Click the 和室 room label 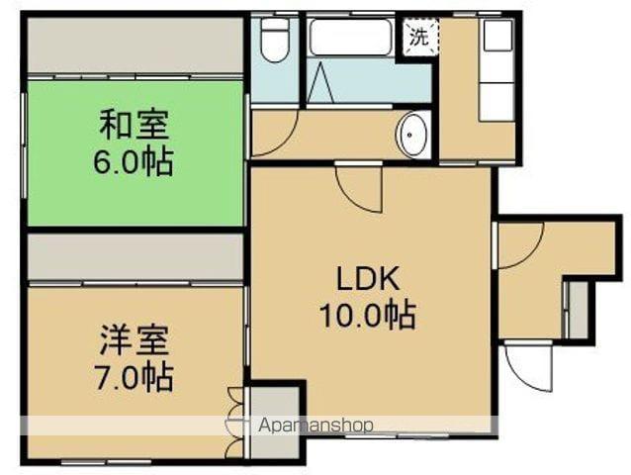pyautogui.click(x=134, y=127)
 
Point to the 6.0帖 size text pyautogui.click(x=134, y=161)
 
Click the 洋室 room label pyautogui.click(x=134, y=341)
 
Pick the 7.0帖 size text pyautogui.click(x=134, y=377)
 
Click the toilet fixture pyautogui.click(x=273, y=40)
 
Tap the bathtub pyautogui.click(x=350, y=39)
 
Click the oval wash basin pyautogui.click(x=412, y=135)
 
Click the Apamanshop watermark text pyautogui.click(x=315, y=425)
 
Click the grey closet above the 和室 pyautogui.click(x=135, y=45)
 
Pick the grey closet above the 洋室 pyautogui.click(x=135, y=256)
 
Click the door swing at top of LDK pyautogui.click(x=357, y=188)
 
